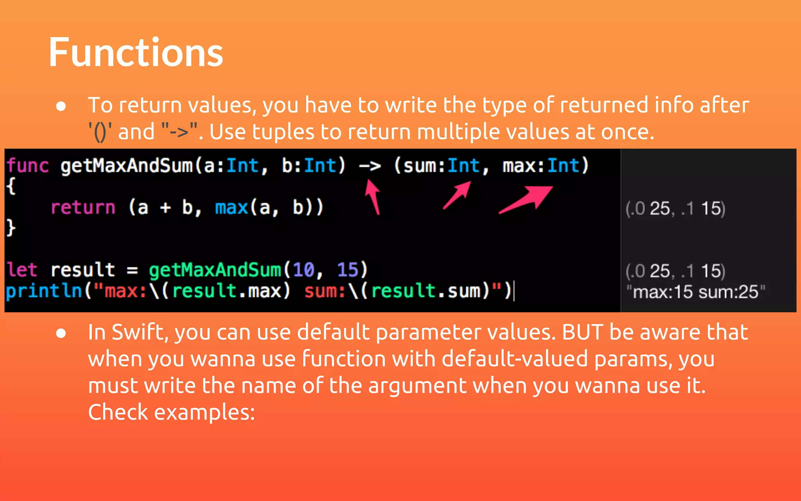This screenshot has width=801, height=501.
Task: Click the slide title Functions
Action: pos(136,52)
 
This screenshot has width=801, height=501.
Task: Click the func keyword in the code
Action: pos(27,166)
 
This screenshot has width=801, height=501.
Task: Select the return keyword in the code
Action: pos(83,207)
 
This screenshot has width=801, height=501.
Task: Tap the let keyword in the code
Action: pos(22,270)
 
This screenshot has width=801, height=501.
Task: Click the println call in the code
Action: pos(43,291)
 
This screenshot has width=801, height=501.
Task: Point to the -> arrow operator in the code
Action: pos(370,166)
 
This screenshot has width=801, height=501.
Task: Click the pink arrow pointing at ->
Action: pos(373,196)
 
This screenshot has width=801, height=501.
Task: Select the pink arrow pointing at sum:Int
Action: pos(457,195)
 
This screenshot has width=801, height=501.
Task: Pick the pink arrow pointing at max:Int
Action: pos(526,199)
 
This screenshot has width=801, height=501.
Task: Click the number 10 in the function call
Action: pos(304,270)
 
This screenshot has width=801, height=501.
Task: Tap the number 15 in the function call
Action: pos(347,270)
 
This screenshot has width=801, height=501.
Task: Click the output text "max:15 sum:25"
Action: pos(695,292)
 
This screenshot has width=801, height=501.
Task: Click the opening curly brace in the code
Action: pos(11,186)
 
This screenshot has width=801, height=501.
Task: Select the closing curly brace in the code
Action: pos(11,227)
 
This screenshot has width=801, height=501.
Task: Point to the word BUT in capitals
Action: pos(582,332)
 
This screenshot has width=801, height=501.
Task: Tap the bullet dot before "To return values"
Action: pos(61,106)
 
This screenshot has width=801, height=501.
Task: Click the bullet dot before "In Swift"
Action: pos(61,333)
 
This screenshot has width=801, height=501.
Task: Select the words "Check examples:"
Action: pos(171,412)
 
